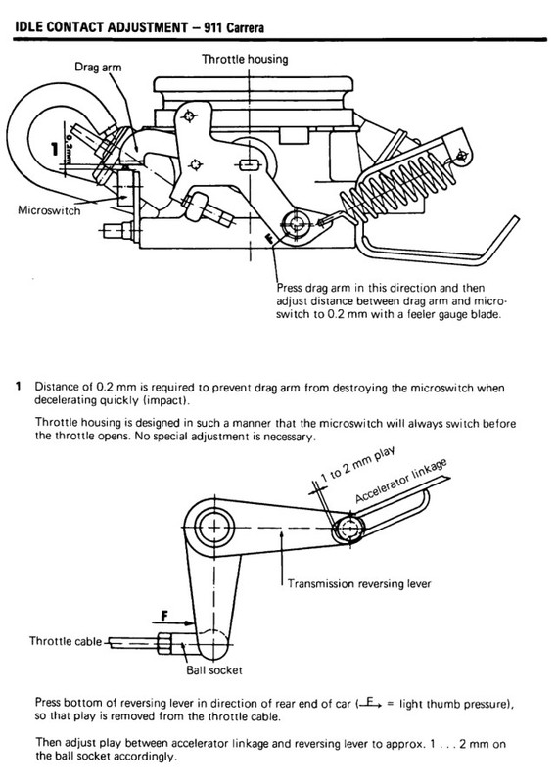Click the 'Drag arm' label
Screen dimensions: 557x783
[x=98, y=67]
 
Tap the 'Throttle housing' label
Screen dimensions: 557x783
[x=245, y=59]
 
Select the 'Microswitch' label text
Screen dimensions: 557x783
[x=49, y=210]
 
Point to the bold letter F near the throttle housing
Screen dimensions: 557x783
[x=270, y=238]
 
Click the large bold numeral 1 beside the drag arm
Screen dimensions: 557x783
[x=55, y=149]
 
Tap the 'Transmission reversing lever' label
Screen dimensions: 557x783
[x=359, y=583]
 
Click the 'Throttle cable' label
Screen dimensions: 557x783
[x=66, y=641]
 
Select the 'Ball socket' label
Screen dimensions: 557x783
[x=214, y=669]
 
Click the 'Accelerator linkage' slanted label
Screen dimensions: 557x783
[x=400, y=481]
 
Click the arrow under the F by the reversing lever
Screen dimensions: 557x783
[x=174, y=622]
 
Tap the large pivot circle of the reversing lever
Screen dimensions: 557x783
[x=214, y=528]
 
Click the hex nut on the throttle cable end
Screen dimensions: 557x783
[x=164, y=643]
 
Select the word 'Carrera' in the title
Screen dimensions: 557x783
[x=245, y=27]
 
